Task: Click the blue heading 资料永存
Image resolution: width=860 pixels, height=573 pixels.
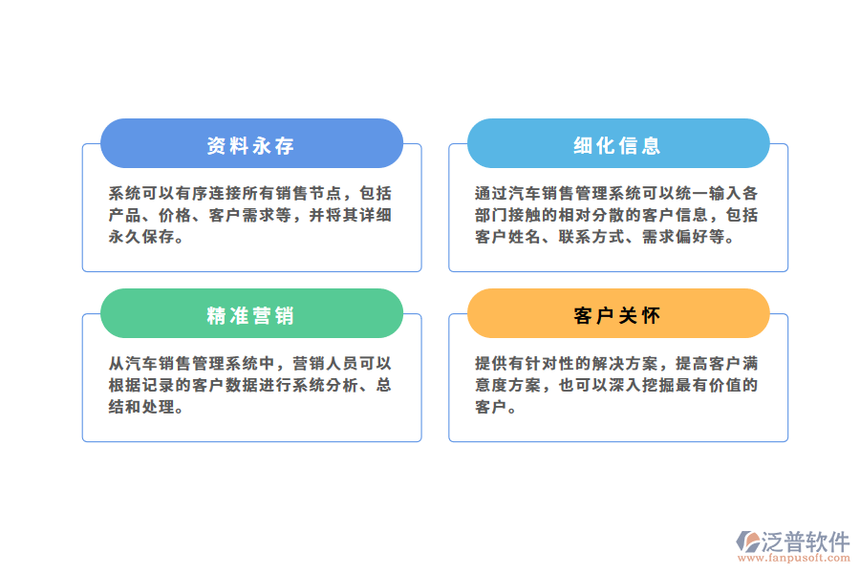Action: point(250,145)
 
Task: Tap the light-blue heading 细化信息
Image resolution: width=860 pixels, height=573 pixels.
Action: point(617,145)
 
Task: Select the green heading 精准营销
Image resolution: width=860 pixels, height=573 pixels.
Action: point(250,315)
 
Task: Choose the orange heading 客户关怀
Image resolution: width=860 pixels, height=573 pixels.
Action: point(617,315)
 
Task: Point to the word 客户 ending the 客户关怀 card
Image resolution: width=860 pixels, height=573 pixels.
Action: point(489,408)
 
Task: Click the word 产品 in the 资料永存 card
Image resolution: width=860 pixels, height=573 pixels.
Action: point(123,215)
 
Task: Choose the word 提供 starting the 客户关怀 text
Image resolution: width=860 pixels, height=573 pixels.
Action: point(489,363)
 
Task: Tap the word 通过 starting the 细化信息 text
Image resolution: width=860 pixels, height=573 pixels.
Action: point(489,192)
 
